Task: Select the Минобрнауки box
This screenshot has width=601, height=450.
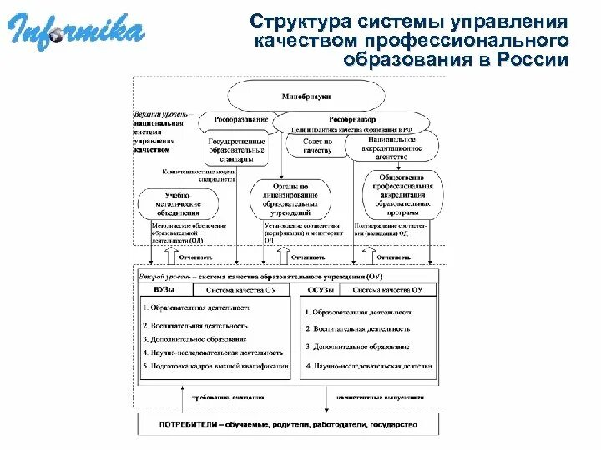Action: pos(317,97)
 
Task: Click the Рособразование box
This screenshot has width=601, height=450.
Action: pos(238,120)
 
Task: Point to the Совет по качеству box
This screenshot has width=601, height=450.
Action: pos(316,145)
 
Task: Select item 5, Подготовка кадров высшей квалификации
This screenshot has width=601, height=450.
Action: pos(215,367)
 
